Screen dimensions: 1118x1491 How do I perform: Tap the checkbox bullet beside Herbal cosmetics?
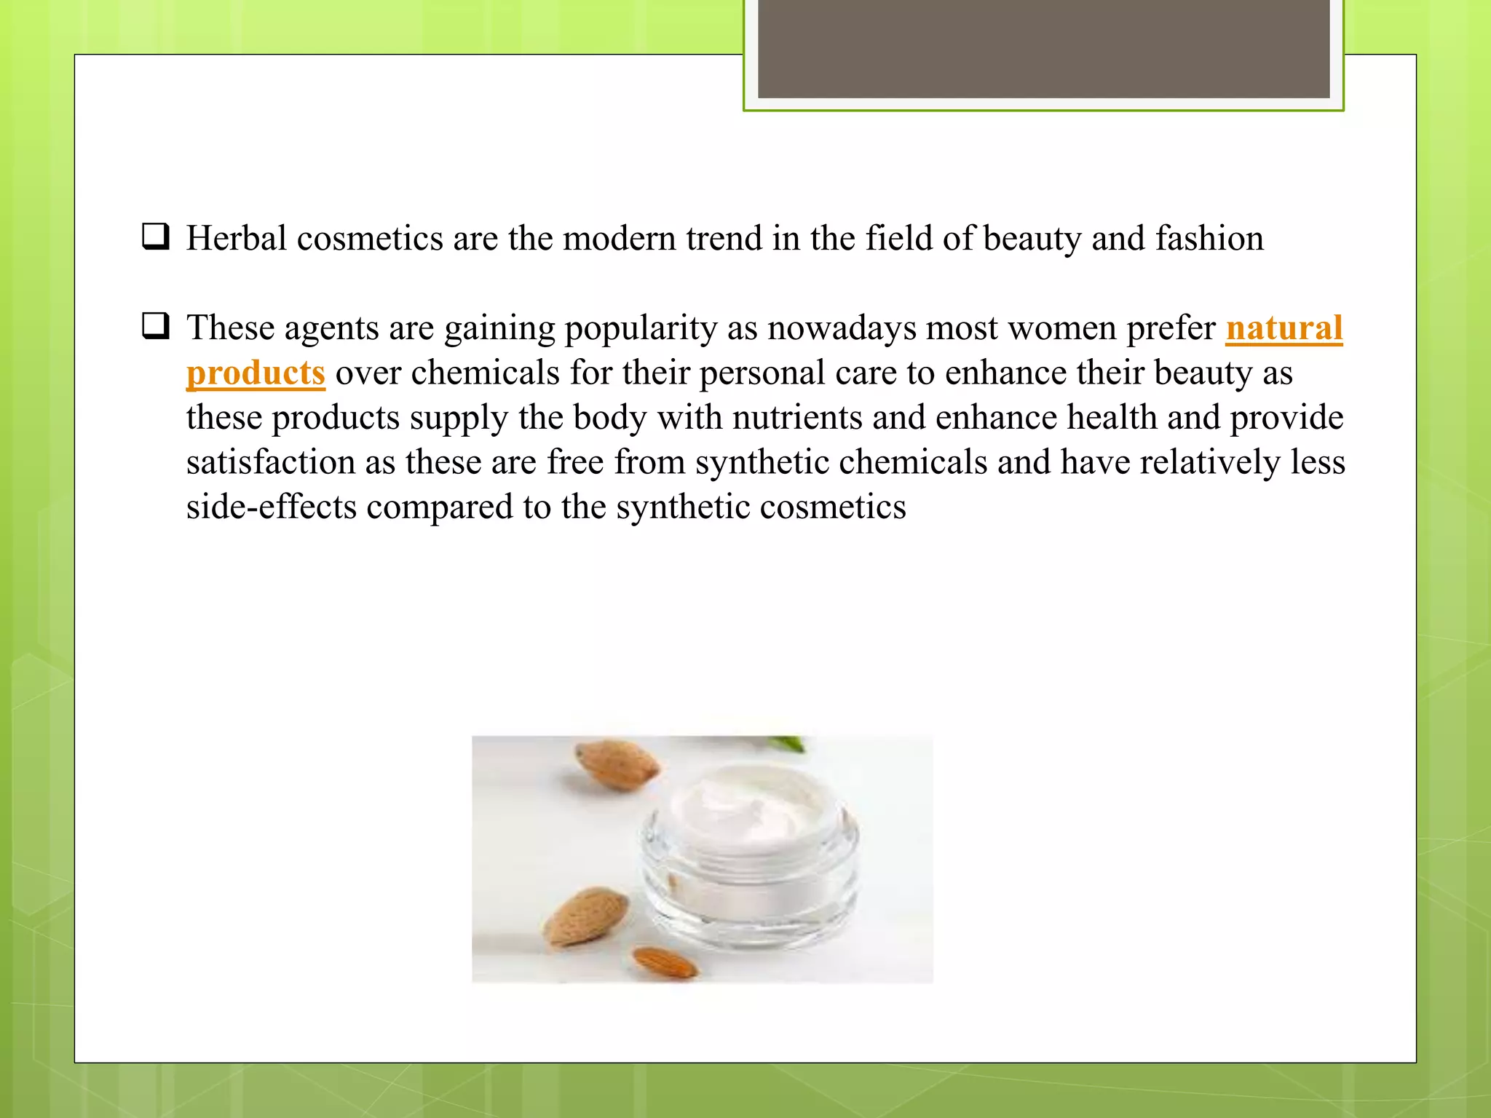click(156, 237)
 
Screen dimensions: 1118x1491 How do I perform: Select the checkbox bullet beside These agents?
click(156, 326)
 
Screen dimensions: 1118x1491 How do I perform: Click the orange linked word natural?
click(1284, 328)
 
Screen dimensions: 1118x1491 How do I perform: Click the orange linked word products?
click(256, 373)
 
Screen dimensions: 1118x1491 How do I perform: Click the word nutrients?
click(797, 418)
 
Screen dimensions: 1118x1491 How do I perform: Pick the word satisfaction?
click(270, 462)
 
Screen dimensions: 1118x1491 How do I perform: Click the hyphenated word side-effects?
click(271, 507)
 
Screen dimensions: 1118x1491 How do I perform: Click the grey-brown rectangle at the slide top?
click(1043, 49)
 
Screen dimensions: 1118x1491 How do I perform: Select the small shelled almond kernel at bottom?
click(665, 962)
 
